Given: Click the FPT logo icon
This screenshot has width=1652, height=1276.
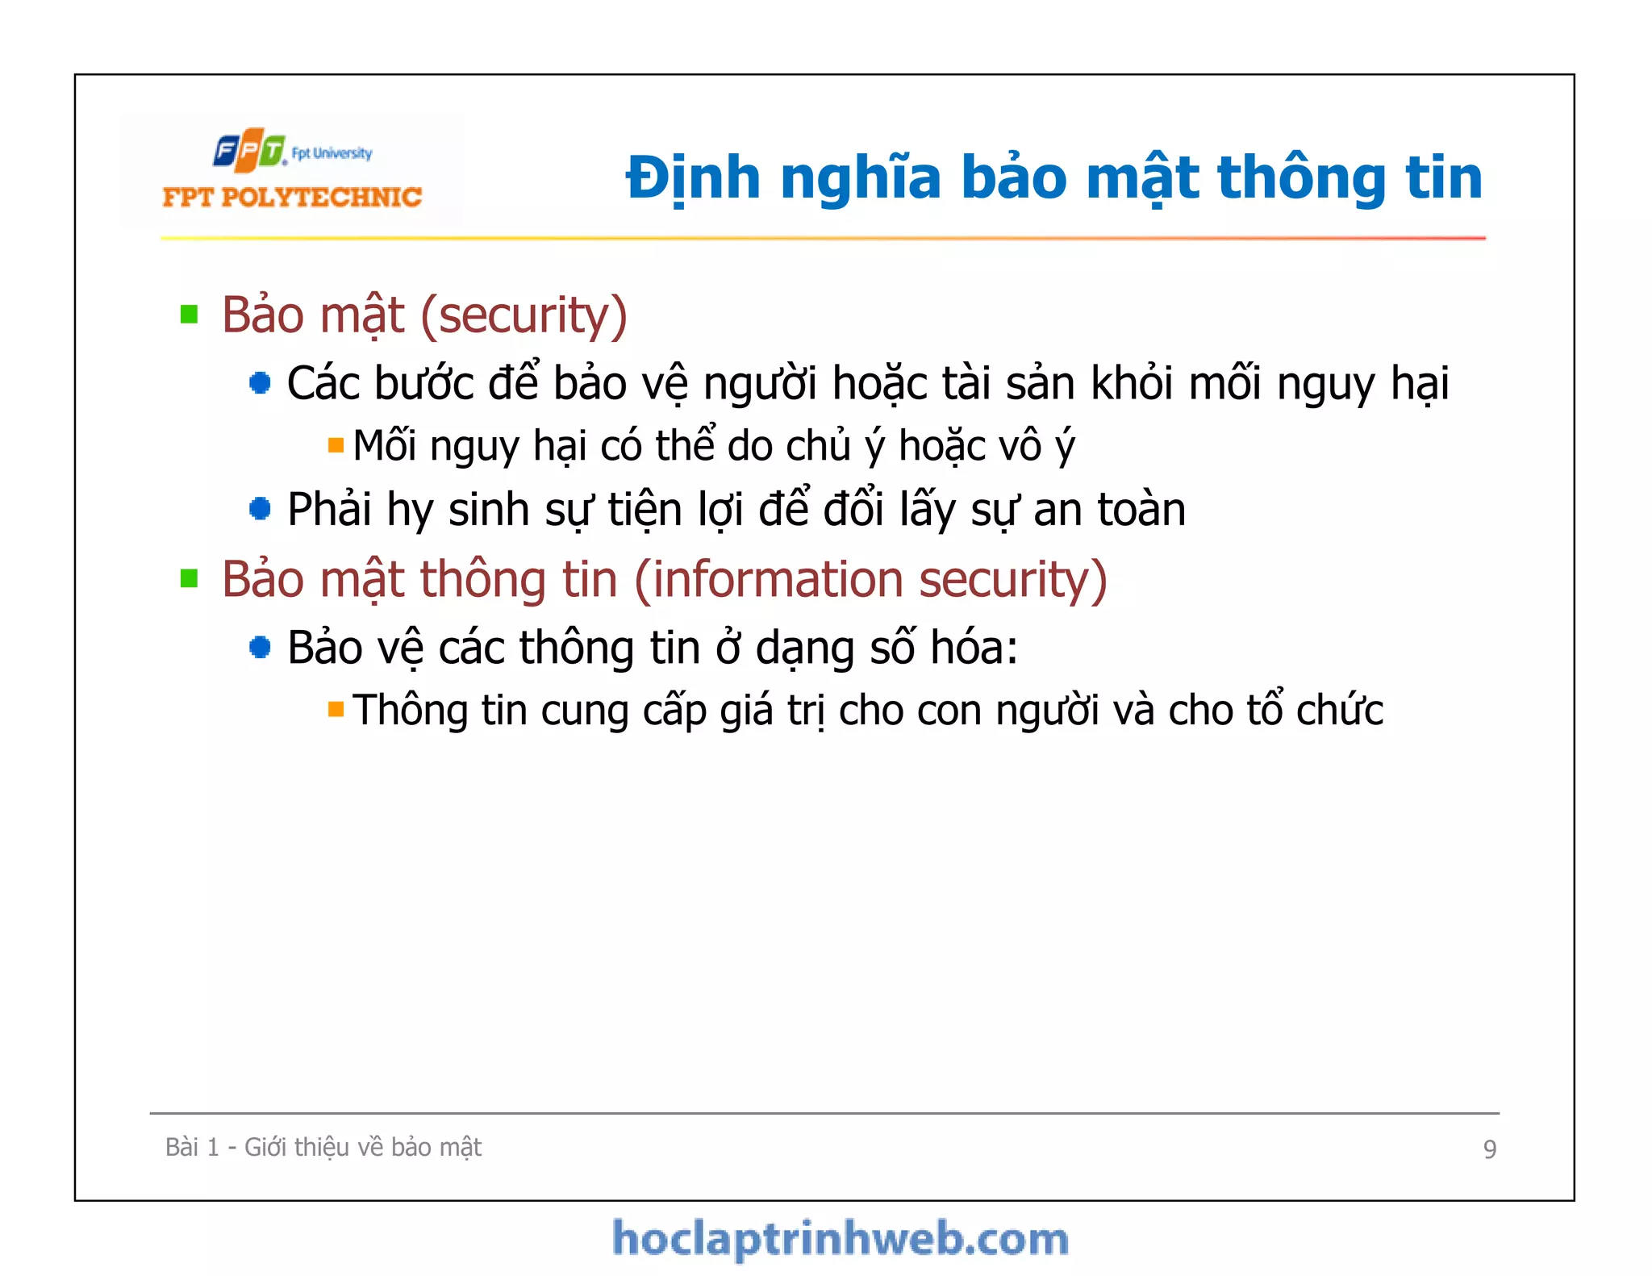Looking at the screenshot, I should [x=249, y=150].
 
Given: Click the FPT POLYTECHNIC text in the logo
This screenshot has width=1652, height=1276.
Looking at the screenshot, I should [x=292, y=197].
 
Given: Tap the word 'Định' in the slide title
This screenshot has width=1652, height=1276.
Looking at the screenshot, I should [x=693, y=178].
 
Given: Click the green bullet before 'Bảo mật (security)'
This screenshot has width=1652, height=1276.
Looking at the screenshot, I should [x=190, y=314].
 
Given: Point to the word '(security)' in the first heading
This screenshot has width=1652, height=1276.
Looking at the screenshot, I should [x=524, y=315].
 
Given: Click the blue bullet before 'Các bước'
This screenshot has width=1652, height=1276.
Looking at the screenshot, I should [x=260, y=382].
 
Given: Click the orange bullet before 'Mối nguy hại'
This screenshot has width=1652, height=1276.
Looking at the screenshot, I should [x=336, y=445].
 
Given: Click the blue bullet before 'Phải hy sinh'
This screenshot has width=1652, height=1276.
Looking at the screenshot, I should [x=260, y=509].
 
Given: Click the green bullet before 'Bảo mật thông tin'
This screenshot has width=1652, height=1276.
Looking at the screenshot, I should [x=190, y=578].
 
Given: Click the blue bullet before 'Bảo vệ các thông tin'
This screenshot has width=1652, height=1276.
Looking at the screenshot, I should [x=260, y=647].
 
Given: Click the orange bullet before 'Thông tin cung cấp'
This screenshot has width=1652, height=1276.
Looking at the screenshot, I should [x=336, y=710].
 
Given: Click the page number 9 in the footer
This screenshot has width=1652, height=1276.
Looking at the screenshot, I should [x=1489, y=1149].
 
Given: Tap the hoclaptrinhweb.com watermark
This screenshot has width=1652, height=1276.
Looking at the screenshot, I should [x=841, y=1239].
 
